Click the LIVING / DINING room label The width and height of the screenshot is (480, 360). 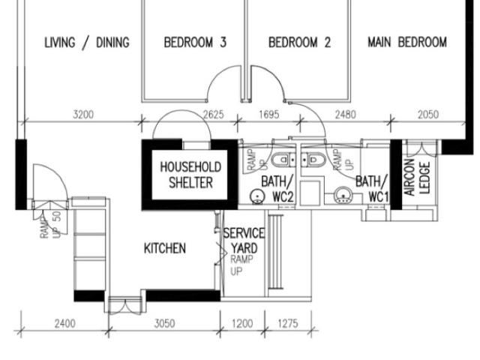click(x=87, y=43)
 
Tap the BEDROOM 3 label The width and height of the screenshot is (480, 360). click(x=195, y=42)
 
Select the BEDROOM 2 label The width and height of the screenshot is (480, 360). click(x=300, y=42)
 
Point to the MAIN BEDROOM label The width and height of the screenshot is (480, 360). click(x=407, y=42)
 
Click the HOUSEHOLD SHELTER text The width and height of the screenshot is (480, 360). click(x=190, y=175)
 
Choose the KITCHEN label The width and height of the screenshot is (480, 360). click(x=165, y=248)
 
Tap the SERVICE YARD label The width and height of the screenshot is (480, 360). click(x=244, y=241)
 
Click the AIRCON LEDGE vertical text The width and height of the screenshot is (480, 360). click(x=417, y=178)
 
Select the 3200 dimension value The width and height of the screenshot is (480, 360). click(x=83, y=115)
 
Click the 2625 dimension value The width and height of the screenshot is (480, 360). click(x=213, y=115)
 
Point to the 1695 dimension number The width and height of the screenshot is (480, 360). click(x=269, y=115)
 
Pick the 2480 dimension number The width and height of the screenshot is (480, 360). click(x=345, y=115)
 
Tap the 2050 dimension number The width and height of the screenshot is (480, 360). click(x=428, y=115)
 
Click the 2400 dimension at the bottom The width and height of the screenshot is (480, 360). click(x=65, y=323)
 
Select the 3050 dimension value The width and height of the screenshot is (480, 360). click(x=164, y=323)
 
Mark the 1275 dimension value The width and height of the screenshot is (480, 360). click(x=288, y=323)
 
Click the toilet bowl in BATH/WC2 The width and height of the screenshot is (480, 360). click(x=283, y=160)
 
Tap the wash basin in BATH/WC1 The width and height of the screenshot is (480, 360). click(x=343, y=195)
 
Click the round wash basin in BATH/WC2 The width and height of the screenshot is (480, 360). click(x=257, y=196)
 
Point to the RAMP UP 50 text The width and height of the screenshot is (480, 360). click(x=51, y=224)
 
